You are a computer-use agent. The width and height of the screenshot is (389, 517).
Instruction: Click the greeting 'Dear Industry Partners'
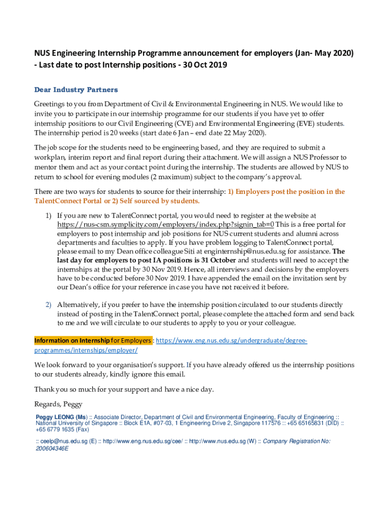(76, 90)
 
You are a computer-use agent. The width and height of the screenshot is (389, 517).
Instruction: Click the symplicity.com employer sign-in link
(166, 224)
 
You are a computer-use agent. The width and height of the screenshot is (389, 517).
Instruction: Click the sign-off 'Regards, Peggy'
(58, 404)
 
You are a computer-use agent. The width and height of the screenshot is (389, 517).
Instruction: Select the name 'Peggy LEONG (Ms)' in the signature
(62, 418)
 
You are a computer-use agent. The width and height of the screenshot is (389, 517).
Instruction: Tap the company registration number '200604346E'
(52, 448)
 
